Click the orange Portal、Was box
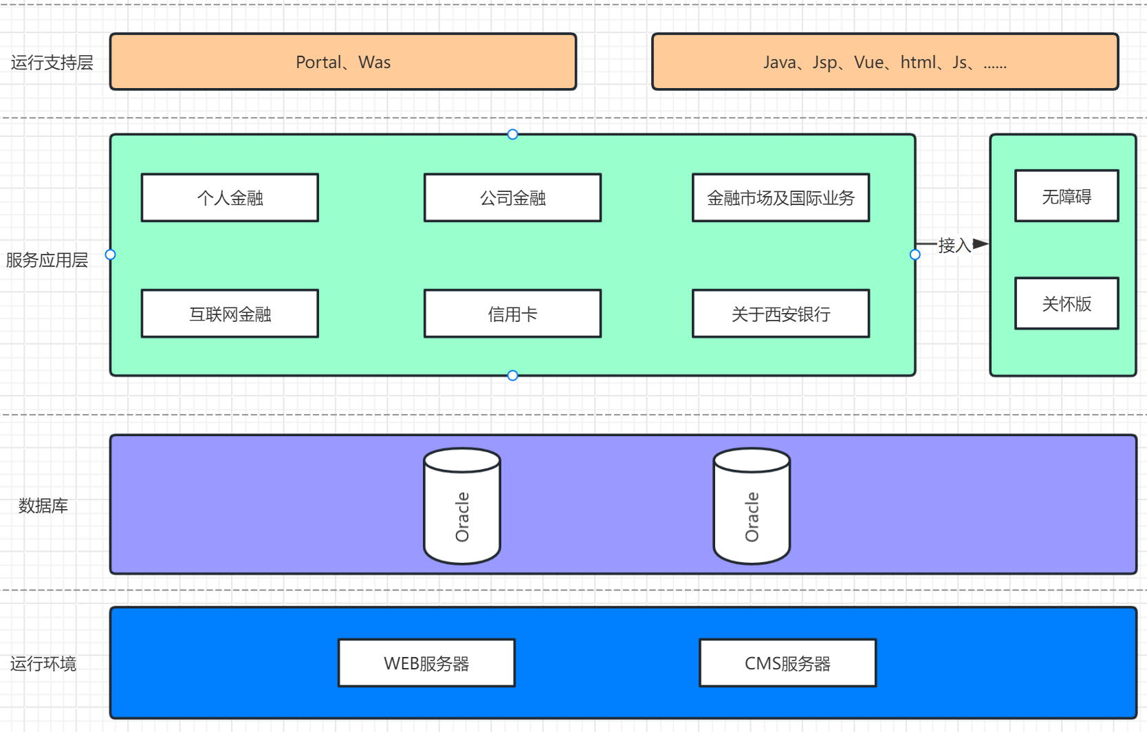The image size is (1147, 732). click(x=343, y=61)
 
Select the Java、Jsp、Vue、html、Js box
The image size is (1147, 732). click(x=885, y=61)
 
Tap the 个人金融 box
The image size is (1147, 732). click(x=230, y=197)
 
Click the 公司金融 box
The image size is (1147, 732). click(x=512, y=197)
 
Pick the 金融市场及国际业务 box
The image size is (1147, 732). click(x=781, y=197)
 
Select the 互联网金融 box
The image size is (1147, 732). click(x=230, y=314)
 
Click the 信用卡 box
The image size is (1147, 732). click(x=512, y=314)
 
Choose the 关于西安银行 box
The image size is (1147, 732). click(x=781, y=314)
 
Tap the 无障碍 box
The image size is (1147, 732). click(x=1067, y=195)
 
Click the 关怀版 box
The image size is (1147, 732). click(x=1067, y=303)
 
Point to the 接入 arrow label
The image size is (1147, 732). click(x=954, y=246)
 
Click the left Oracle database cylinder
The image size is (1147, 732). click(x=462, y=506)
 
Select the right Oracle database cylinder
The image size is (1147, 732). click(x=752, y=506)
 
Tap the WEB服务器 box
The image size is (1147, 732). click(x=426, y=663)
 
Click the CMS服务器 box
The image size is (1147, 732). click(x=787, y=663)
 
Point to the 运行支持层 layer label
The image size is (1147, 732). click(x=52, y=63)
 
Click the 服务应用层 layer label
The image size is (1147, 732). click(x=47, y=260)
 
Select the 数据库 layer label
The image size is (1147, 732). click(x=43, y=506)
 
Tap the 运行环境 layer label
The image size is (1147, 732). click(x=43, y=664)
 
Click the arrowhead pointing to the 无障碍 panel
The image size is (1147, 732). click(x=981, y=244)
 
